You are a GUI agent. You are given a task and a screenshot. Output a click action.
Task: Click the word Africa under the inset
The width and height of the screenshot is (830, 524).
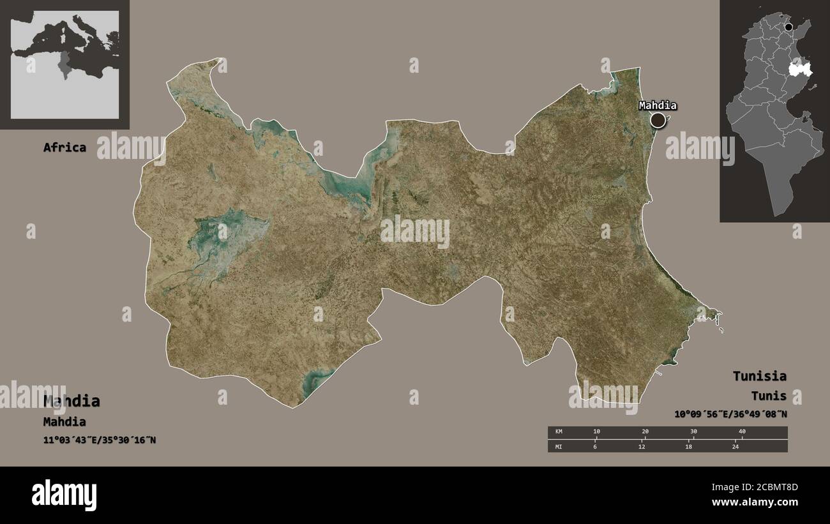tap(64, 147)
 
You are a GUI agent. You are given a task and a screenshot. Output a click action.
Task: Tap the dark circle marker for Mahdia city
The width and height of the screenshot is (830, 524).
tap(658, 120)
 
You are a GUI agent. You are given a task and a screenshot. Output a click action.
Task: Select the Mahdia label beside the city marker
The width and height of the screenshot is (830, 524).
tap(658, 106)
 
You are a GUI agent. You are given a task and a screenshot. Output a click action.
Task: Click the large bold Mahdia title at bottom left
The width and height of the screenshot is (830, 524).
tap(72, 401)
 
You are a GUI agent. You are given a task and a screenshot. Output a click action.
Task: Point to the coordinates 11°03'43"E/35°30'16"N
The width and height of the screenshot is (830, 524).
tap(100, 440)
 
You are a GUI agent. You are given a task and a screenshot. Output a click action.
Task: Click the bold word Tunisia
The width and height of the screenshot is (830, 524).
tap(759, 376)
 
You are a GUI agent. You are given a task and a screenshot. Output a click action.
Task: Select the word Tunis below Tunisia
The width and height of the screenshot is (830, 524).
tap(769, 396)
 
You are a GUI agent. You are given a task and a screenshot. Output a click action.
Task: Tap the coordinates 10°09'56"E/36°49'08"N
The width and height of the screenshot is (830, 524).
tap(730, 414)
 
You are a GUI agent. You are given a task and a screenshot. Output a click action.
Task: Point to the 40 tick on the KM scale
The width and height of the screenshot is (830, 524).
tap(742, 432)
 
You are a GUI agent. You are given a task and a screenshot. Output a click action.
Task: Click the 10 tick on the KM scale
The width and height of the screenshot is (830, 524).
tap(596, 432)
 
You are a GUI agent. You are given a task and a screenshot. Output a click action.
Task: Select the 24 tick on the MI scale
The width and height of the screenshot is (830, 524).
tap(736, 446)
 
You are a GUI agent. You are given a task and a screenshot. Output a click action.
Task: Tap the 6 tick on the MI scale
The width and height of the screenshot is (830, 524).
tap(596, 446)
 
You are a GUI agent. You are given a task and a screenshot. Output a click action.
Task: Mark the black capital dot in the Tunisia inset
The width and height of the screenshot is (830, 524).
tap(789, 27)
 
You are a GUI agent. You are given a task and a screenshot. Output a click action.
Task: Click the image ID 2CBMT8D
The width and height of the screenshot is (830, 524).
tap(771, 488)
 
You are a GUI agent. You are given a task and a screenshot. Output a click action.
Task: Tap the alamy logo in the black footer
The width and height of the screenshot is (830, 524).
tap(64, 495)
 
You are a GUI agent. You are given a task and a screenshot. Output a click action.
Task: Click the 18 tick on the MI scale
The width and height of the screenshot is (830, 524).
tap(689, 446)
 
